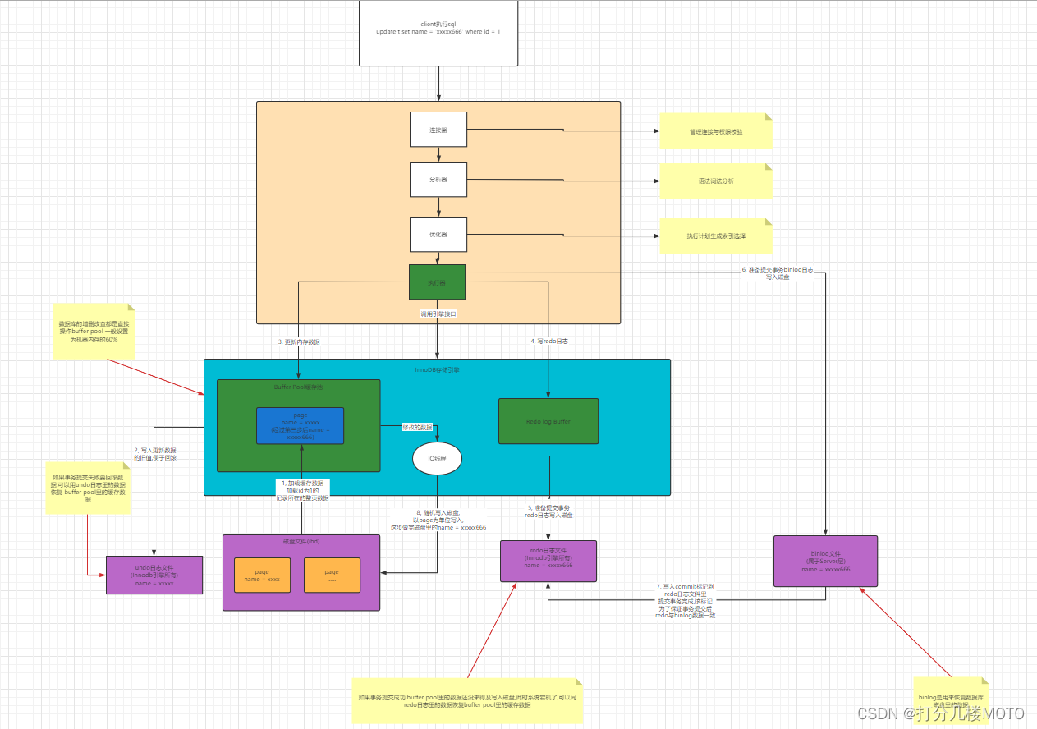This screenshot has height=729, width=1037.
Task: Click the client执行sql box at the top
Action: (x=438, y=33)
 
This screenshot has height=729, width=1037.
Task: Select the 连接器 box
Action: (x=438, y=131)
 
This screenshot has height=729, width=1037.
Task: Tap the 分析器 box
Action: (x=438, y=179)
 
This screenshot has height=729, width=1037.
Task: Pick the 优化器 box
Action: (x=438, y=234)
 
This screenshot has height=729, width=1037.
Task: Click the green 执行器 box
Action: (x=437, y=282)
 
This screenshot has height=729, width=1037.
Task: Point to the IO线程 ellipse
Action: (x=437, y=459)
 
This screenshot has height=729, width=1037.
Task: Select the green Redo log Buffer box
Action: (x=548, y=421)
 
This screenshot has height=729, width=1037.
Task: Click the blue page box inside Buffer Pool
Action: (x=300, y=425)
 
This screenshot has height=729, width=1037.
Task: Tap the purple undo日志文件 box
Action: (x=154, y=575)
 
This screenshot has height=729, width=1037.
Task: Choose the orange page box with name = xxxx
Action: (x=262, y=575)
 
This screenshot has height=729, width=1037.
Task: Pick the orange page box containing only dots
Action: (x=332, y=575)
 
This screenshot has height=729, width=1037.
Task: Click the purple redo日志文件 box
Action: (x=548, y=561)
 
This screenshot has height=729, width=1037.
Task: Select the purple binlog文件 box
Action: (x=825, y=561)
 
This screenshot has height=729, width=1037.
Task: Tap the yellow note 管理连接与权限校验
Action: (x=715, y=131)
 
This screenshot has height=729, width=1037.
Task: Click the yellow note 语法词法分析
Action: (x=715, y=181)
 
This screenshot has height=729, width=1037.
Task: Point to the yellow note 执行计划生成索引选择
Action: (x=715, y=236)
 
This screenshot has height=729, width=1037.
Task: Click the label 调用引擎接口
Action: (x=437, y=314)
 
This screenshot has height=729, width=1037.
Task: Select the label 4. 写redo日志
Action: (x=549, y=341)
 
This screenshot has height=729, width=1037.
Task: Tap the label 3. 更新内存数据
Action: (x=299, y=342)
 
